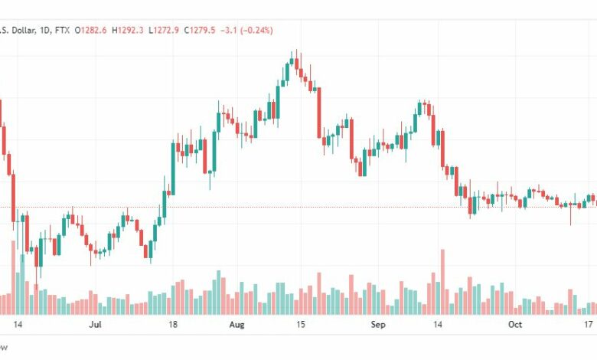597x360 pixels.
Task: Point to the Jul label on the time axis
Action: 96,325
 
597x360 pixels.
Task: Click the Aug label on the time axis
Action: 237,325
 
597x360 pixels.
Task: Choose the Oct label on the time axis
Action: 515,325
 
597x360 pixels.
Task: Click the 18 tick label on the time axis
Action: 174,325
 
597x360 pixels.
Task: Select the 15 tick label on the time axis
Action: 301,325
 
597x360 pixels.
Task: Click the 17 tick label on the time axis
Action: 587,325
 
